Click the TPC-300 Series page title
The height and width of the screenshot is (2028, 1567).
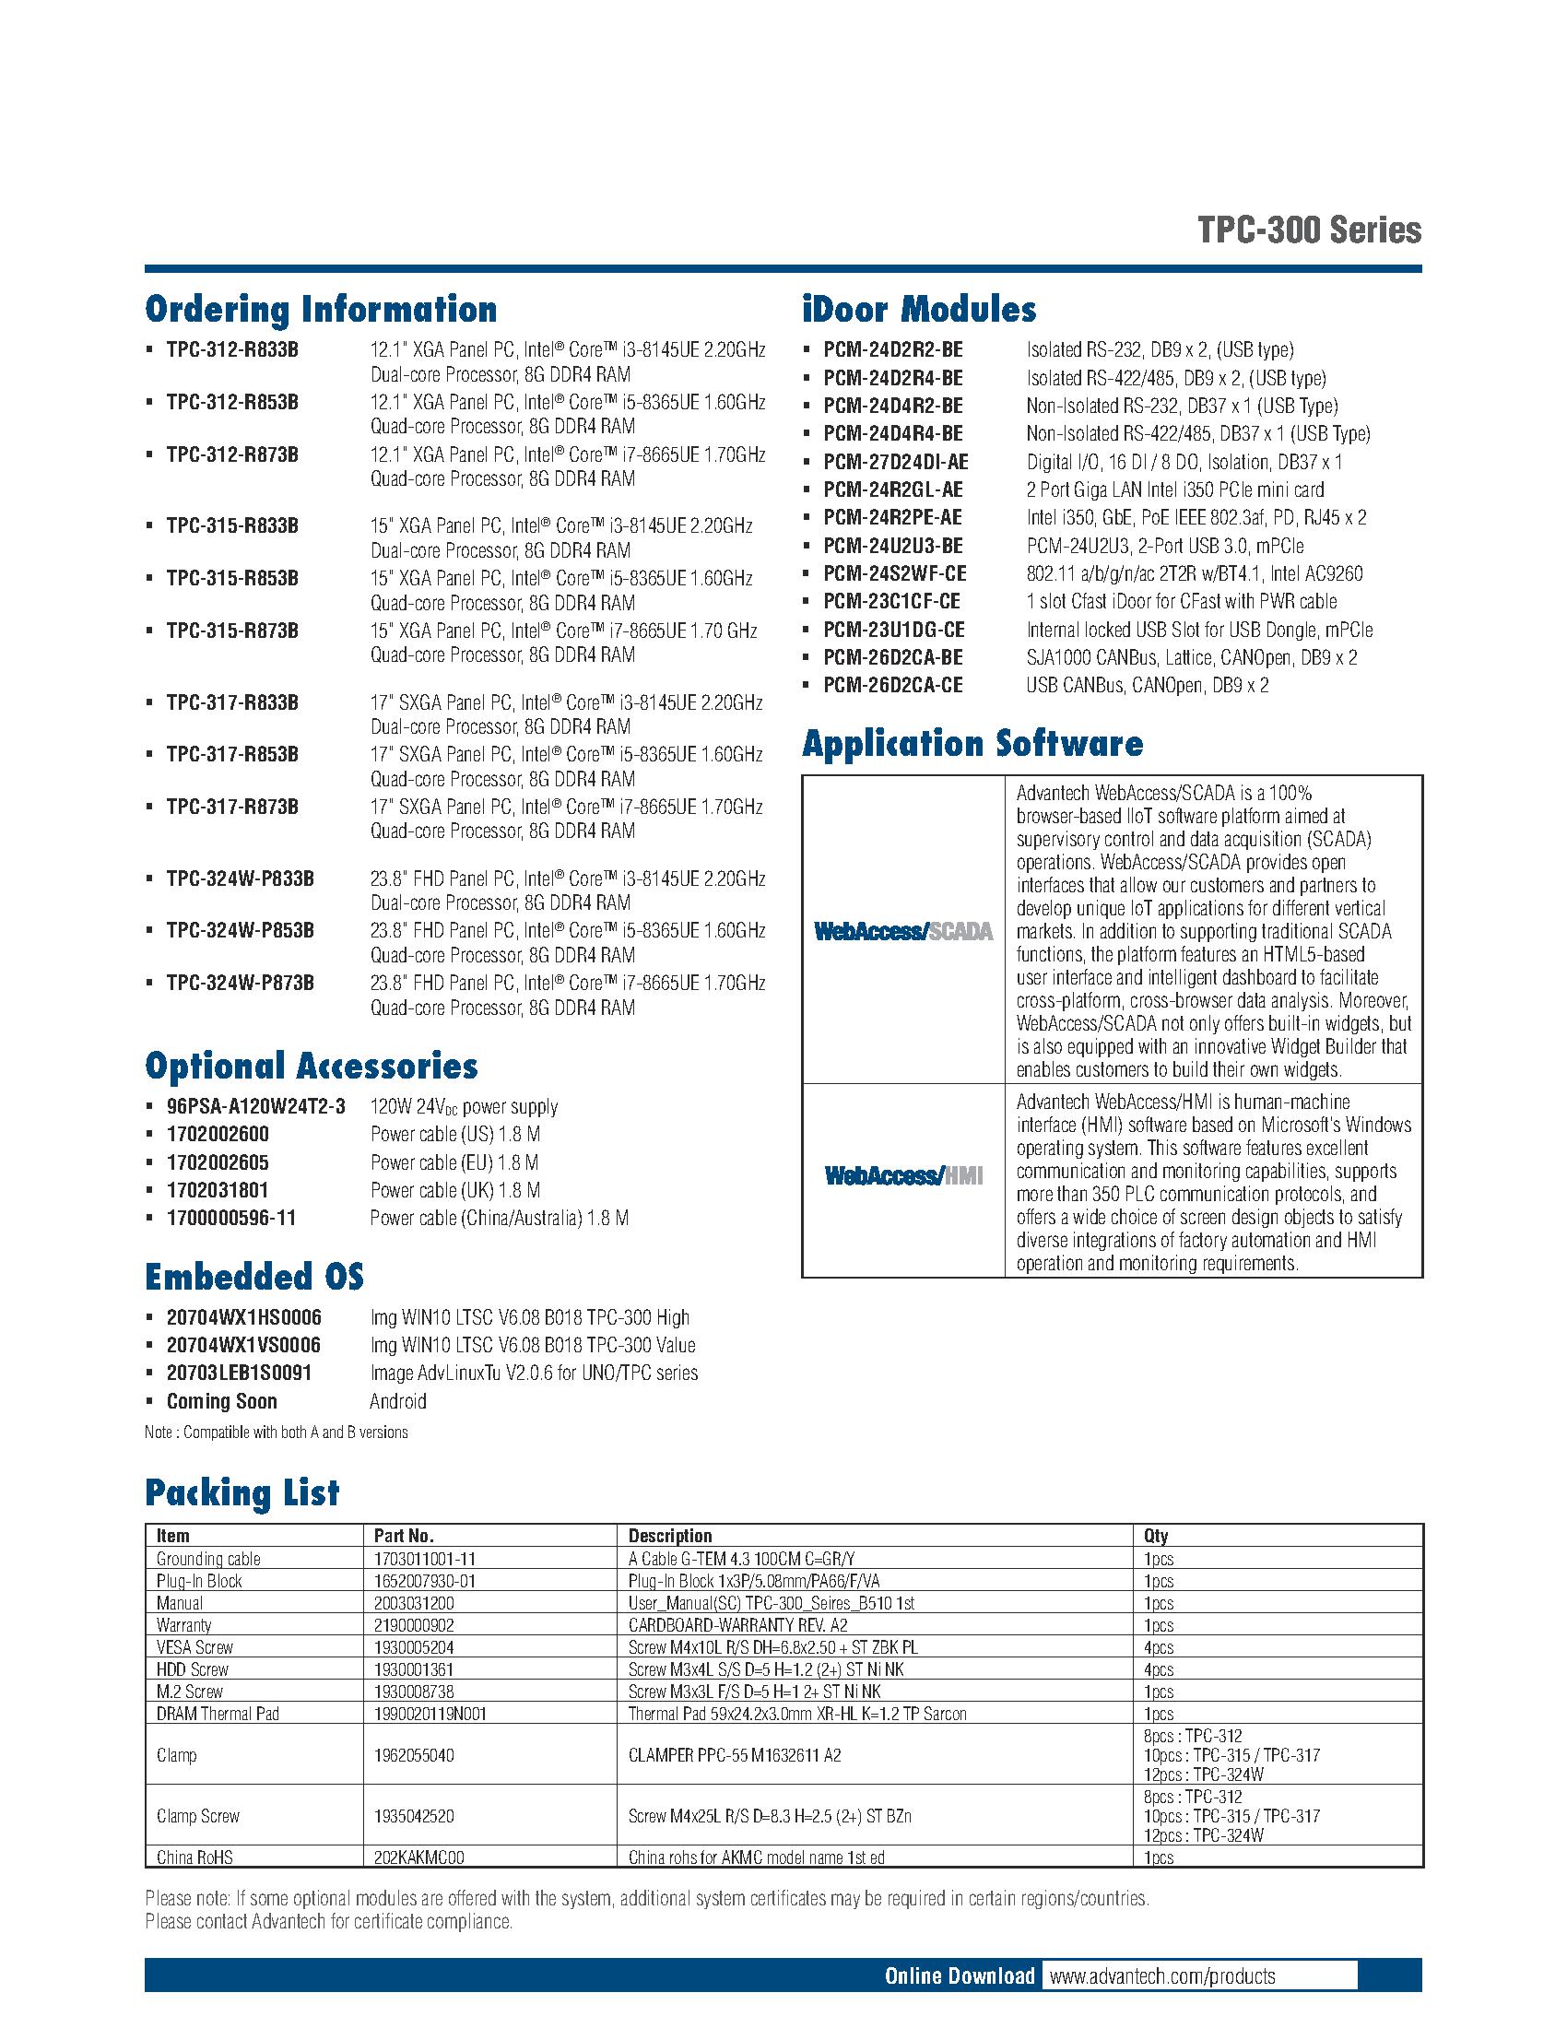pyautogui.click(x=1309, y=230)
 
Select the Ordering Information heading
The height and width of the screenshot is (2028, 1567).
pyautogui.click(x=320, y=310)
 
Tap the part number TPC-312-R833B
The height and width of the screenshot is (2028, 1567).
pyautogui.click(x=232, y=350)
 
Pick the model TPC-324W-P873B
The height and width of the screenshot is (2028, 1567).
pyautogui.click(x=240, y=983)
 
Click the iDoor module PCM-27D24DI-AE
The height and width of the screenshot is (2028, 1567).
pyautogui.click(x=895, y=462)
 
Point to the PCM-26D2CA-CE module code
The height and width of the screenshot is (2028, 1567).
pyautogui.click(x=892, y=685)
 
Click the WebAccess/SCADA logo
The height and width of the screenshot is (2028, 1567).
pyautogui.click(x=902, y=931)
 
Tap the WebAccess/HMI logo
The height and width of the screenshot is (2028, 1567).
pyautogui.click(x=902, y=1176)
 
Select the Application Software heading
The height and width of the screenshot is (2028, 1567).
pyautogui.click(x=972, y=744)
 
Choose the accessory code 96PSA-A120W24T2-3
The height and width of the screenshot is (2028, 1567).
pyautogui.click(x=255, y=1107)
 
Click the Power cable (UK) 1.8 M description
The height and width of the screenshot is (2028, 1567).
pyautogui.click(x=454, y=1190)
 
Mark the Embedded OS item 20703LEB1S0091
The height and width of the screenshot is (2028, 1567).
pyautogui.click(x=239, y=1373)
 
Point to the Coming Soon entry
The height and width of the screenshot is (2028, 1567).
pyautogui.click(x=221, y=1401)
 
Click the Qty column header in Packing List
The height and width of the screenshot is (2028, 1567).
pyautogui.click(x=1156, y=1536)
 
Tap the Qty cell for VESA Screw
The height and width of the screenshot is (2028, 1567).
pyautogui.click(x=1159, y=1647)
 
